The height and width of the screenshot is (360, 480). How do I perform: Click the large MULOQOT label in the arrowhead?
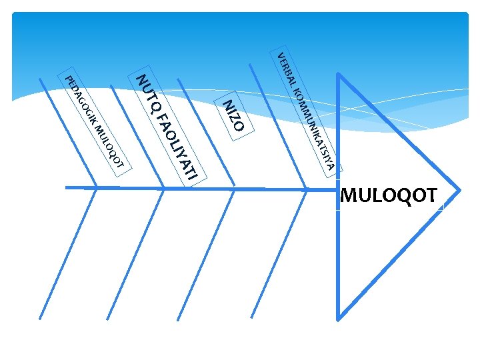(389, 196)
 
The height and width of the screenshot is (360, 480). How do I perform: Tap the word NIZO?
(235, 115)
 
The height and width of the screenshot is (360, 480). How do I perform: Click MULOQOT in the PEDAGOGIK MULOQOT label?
(109, 147)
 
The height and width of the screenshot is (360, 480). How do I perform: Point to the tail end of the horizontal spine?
(67, 188)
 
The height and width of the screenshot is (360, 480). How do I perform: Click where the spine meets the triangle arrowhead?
(339, 189)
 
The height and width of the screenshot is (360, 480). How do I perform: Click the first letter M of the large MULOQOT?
(349, 196)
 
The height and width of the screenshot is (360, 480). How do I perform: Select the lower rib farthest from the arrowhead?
(70, 253)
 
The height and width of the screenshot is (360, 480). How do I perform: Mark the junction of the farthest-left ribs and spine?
(97, 189)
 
